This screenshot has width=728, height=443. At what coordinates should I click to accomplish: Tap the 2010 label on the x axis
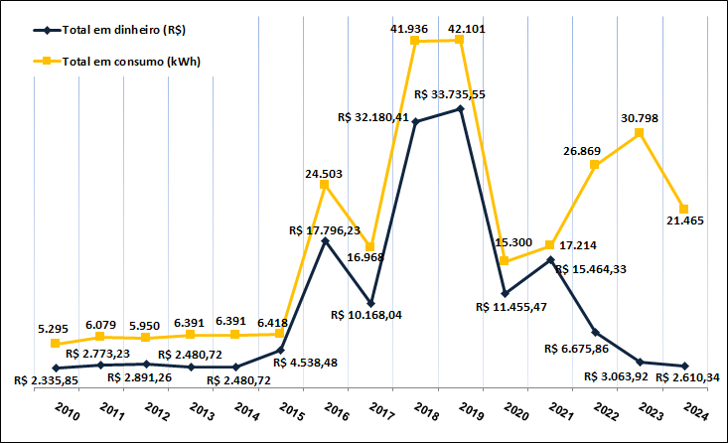pos(66,412)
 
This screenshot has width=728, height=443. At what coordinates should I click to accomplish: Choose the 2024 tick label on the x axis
pos(695,412)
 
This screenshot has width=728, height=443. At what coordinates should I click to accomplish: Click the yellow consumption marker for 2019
pos(460,40)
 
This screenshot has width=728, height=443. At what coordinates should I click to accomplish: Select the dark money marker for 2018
pos(415,122)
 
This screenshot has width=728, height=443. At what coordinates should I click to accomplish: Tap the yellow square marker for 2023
pos(640,132)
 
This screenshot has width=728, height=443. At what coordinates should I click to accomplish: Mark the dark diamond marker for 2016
pos(325,240)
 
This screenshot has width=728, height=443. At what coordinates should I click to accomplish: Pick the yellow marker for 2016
pos(325,184)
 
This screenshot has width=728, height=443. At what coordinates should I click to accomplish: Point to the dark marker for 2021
pos(549,259)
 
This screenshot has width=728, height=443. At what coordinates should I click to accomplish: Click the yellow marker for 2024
pos(684,209)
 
